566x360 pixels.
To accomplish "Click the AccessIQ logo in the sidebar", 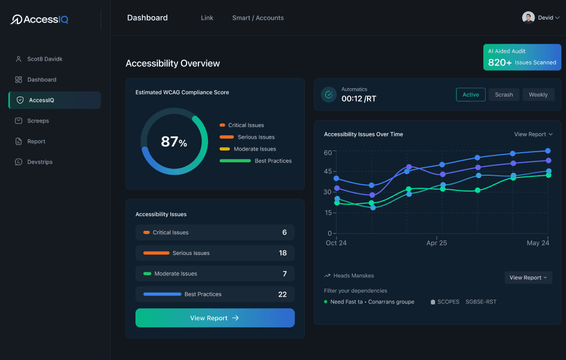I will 39,20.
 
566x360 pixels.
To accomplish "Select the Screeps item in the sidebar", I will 38,121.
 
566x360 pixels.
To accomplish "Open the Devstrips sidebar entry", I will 39,162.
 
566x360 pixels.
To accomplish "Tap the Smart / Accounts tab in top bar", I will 257,18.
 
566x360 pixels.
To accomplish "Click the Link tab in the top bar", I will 207,18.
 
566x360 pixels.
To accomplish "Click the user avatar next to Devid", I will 528,17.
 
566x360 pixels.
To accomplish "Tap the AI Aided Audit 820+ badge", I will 522,57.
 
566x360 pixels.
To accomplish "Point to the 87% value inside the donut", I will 174,142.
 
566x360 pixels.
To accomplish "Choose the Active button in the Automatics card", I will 470,95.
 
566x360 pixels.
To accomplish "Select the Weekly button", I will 538,95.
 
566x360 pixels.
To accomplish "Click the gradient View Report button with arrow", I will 215,318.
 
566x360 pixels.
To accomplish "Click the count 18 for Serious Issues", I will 283,253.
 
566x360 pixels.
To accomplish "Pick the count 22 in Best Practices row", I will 282,294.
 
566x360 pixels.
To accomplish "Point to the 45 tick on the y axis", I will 328,171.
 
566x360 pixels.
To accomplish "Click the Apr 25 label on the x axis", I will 436,243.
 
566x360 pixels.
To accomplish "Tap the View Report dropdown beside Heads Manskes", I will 528,277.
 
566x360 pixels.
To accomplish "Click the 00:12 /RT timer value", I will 359,99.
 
